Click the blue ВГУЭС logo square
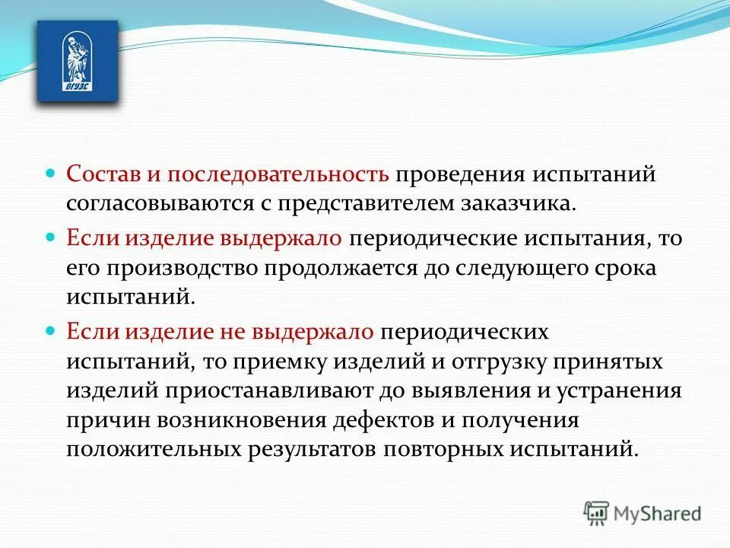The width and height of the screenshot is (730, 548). (x=78, y=61)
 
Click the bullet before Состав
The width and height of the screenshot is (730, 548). (x=51, y=174)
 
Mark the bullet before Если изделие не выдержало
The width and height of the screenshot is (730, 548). (x=51, y=330)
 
